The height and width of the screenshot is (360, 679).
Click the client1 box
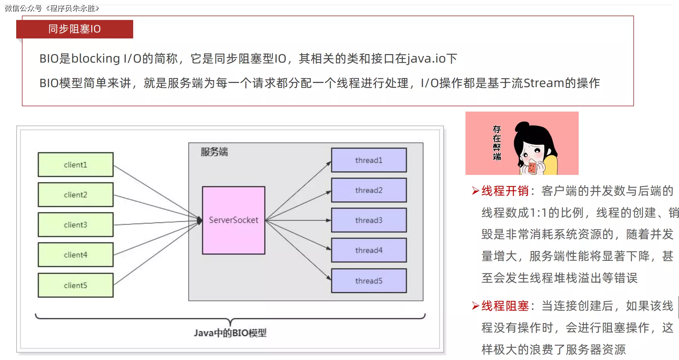pyautogui.click(x=75, y=165)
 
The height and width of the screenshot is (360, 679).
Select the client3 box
pyautogui.click(x=75, y=225)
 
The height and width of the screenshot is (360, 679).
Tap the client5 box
pyautogui.click(x=75, y=285)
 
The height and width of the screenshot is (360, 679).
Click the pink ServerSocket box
pyautogui.click(x=234, y=220)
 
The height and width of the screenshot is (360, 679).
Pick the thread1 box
pyautogui.click(x=369, y=160)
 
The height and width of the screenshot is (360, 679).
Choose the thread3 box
pyautogui.click(x=369, y=220)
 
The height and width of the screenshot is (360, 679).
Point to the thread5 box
pyautogui.click(x=369, y=281)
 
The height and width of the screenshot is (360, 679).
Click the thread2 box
pyautogui.click(x=369, y=190)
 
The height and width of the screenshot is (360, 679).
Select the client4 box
pyautogui.click(x=75, y=255)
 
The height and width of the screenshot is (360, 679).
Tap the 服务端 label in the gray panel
pyautogui.click(x=214, y=152)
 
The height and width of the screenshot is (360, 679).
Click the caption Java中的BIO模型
pyautogui.click(x=230, y=333)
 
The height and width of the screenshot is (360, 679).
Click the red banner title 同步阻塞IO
pyautogui.click(x=74, y=29)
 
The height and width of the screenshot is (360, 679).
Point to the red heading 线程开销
pyautogui.click(x=505, y=191)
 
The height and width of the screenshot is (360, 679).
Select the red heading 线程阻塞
pyautogui.click(x=505, y=306)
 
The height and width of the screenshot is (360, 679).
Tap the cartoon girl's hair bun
pyautogui.click(x=522, y=127)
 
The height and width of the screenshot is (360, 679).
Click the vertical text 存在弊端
pyautogui.click(x=497, y=143)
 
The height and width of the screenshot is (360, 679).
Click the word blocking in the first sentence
pyautogui.click(x=95, y=59)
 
